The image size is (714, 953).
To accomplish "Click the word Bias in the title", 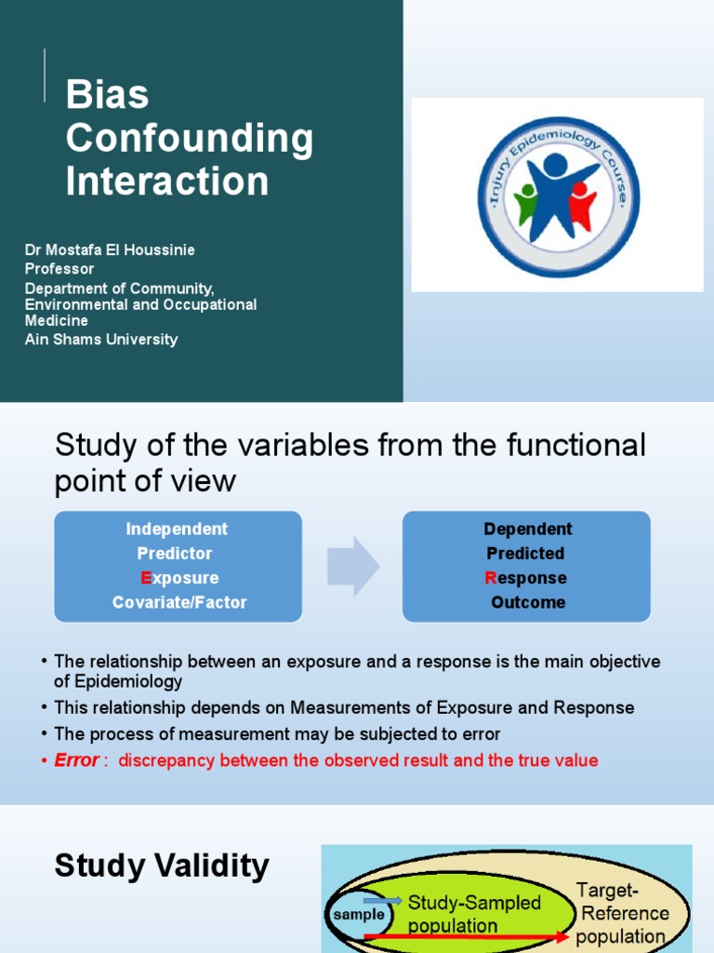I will [107, 96].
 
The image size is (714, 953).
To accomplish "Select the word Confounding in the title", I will [190, 139].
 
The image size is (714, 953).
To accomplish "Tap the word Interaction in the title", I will [167, 181].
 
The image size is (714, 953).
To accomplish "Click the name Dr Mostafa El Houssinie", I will [110, 250].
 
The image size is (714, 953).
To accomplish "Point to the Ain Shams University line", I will [100, 340].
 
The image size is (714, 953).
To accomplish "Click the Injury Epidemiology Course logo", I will [557, 196].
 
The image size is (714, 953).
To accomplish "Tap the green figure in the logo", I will [527, 207].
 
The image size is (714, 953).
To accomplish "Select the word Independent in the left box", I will [177, 529].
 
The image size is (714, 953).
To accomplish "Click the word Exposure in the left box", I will [179, 578].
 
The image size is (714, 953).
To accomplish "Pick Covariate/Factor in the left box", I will [179, 602].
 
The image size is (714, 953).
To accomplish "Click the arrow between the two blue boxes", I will [353, 566].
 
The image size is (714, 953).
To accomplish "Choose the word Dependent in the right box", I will [528, 529].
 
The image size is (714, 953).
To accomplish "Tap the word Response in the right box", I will [526, 578].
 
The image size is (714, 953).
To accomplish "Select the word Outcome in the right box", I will [528, 602].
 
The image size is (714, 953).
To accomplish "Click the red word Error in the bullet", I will [76, 760].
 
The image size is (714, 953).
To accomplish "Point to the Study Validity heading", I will [162, 866].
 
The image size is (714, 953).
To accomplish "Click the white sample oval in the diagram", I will [359, 914].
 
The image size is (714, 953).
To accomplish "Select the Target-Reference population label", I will [622, 913].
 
